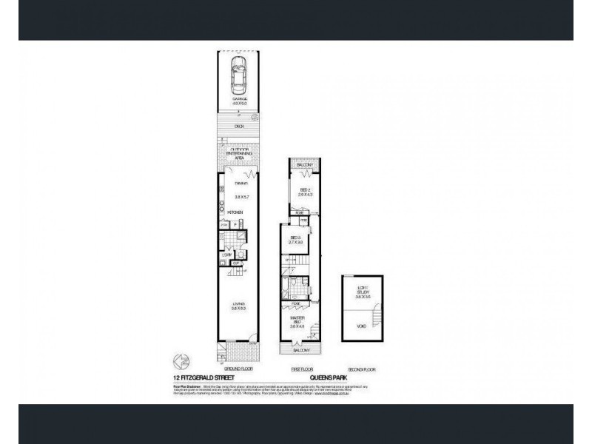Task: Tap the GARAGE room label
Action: pos(239,101)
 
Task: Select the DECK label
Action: pos(239,127)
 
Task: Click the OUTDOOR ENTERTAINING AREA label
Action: pos(239,153)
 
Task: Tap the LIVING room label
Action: pos(239,306)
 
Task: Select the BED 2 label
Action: pos(303,192)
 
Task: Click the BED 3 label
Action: pos(295,239)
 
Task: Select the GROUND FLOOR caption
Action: pos(238,368)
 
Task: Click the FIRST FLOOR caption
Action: pos(300,368)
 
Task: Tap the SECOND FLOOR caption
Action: pos(362,368)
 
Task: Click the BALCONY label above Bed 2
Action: pos(304,164)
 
